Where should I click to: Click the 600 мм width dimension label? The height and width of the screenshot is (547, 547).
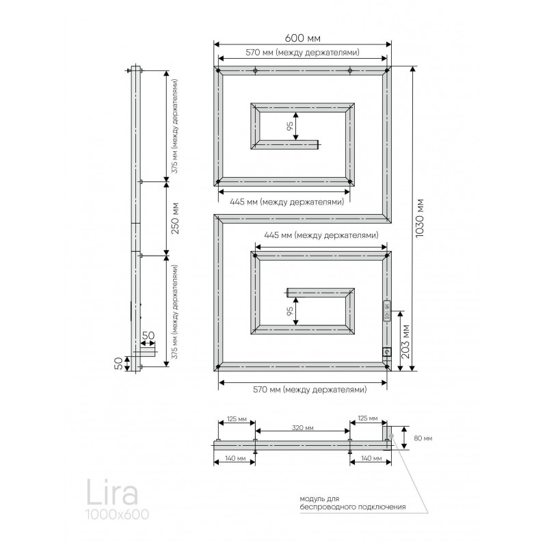(302, 38)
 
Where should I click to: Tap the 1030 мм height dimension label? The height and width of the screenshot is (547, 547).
(420, 218)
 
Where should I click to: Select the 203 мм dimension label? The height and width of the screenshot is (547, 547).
(405, 342)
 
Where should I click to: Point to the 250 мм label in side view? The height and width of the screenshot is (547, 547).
(175, 218)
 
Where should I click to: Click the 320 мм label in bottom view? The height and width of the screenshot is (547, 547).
(302, 428)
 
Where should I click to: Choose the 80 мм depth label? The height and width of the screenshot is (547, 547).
(423, 438)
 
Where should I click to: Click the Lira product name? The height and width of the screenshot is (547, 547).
(112, 492)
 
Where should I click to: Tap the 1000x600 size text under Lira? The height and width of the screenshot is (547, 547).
(118, 515)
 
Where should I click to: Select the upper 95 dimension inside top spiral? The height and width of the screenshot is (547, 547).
(290, 126)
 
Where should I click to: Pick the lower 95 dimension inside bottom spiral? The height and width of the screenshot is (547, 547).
(290, 312)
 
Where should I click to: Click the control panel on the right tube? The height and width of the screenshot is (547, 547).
(387, 310)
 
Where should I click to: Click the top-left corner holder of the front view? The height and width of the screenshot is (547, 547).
(218, 71)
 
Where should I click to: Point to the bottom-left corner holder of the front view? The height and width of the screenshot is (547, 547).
(218, 366)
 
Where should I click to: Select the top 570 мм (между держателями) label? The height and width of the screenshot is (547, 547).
(302, 53)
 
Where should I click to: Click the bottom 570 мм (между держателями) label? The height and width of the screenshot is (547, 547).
(310, 389)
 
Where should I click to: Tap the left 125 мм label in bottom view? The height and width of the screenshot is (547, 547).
(237, 419)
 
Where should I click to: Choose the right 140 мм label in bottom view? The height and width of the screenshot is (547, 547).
(371, 458)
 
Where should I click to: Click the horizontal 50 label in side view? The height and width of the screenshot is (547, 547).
(148, 336)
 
